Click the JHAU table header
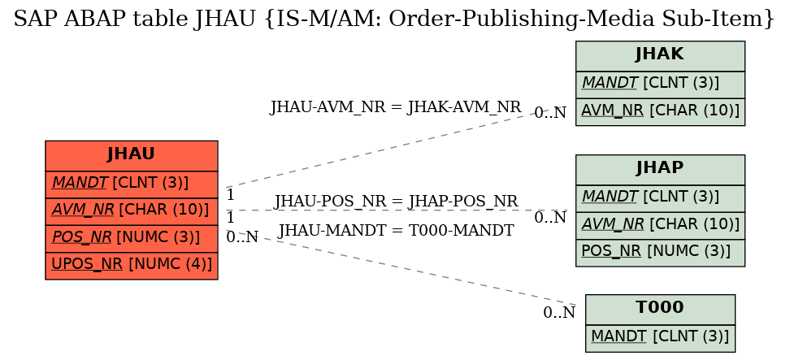[132, 155]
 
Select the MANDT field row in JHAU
[132, 184]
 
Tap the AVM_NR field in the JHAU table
[132, 211]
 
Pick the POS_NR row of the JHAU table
[132, 239]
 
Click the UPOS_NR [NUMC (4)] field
[132, 266]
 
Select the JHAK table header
[660, 56]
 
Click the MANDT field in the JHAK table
[660, 85]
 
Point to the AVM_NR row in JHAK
[660, 112]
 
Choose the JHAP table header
[660, 170]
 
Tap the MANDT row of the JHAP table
[660, 198]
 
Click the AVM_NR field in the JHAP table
[660, 226]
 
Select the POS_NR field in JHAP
[660, 253]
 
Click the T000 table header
[660, 310]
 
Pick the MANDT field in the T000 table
[660, 338]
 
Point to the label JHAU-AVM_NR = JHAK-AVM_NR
[396, 107]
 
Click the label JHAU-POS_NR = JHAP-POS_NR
[396, 201]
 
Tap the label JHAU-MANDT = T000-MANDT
[396, 230]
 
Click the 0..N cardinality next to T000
[559, 313]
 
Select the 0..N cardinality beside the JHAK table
[550, 113]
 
